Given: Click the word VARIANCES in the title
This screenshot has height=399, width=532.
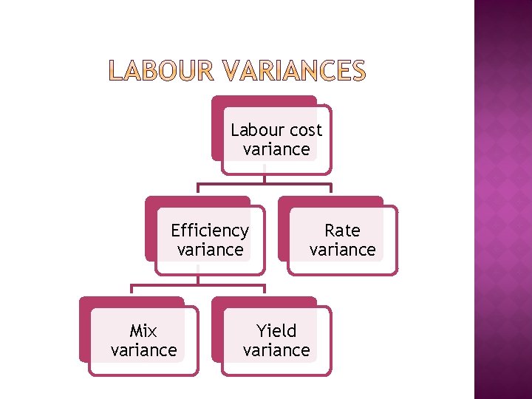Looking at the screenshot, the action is click(x=293, y=71).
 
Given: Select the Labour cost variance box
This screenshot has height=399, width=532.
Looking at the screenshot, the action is click(x=276, y=140).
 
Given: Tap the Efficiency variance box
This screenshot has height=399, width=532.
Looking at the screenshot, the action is click(x=210, y=240).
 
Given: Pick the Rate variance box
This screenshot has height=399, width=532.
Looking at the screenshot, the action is click(x=342, y=240).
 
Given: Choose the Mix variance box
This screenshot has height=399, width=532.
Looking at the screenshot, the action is click(x=143, y=341).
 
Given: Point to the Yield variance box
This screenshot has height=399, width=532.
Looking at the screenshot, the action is click(x=276, y=341).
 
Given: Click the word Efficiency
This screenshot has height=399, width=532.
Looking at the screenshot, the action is click(x=210, y=231).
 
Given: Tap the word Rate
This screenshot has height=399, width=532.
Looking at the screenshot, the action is click(x=342, y=231).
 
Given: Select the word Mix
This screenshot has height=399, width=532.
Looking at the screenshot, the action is click(x=143, y=330).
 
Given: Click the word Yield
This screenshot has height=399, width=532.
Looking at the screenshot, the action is click(x=276, y=330).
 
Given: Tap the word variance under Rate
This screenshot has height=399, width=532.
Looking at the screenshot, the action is click(x=342, y=250).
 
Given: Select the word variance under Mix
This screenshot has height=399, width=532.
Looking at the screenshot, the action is click(x=143, y=349).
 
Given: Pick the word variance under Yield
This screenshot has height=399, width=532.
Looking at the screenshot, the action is click(x=276, y=349).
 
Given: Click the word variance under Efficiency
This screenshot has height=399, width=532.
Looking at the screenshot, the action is click(x=210, y=250).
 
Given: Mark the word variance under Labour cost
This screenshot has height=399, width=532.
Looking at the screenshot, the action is click(x=276, y=149).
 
